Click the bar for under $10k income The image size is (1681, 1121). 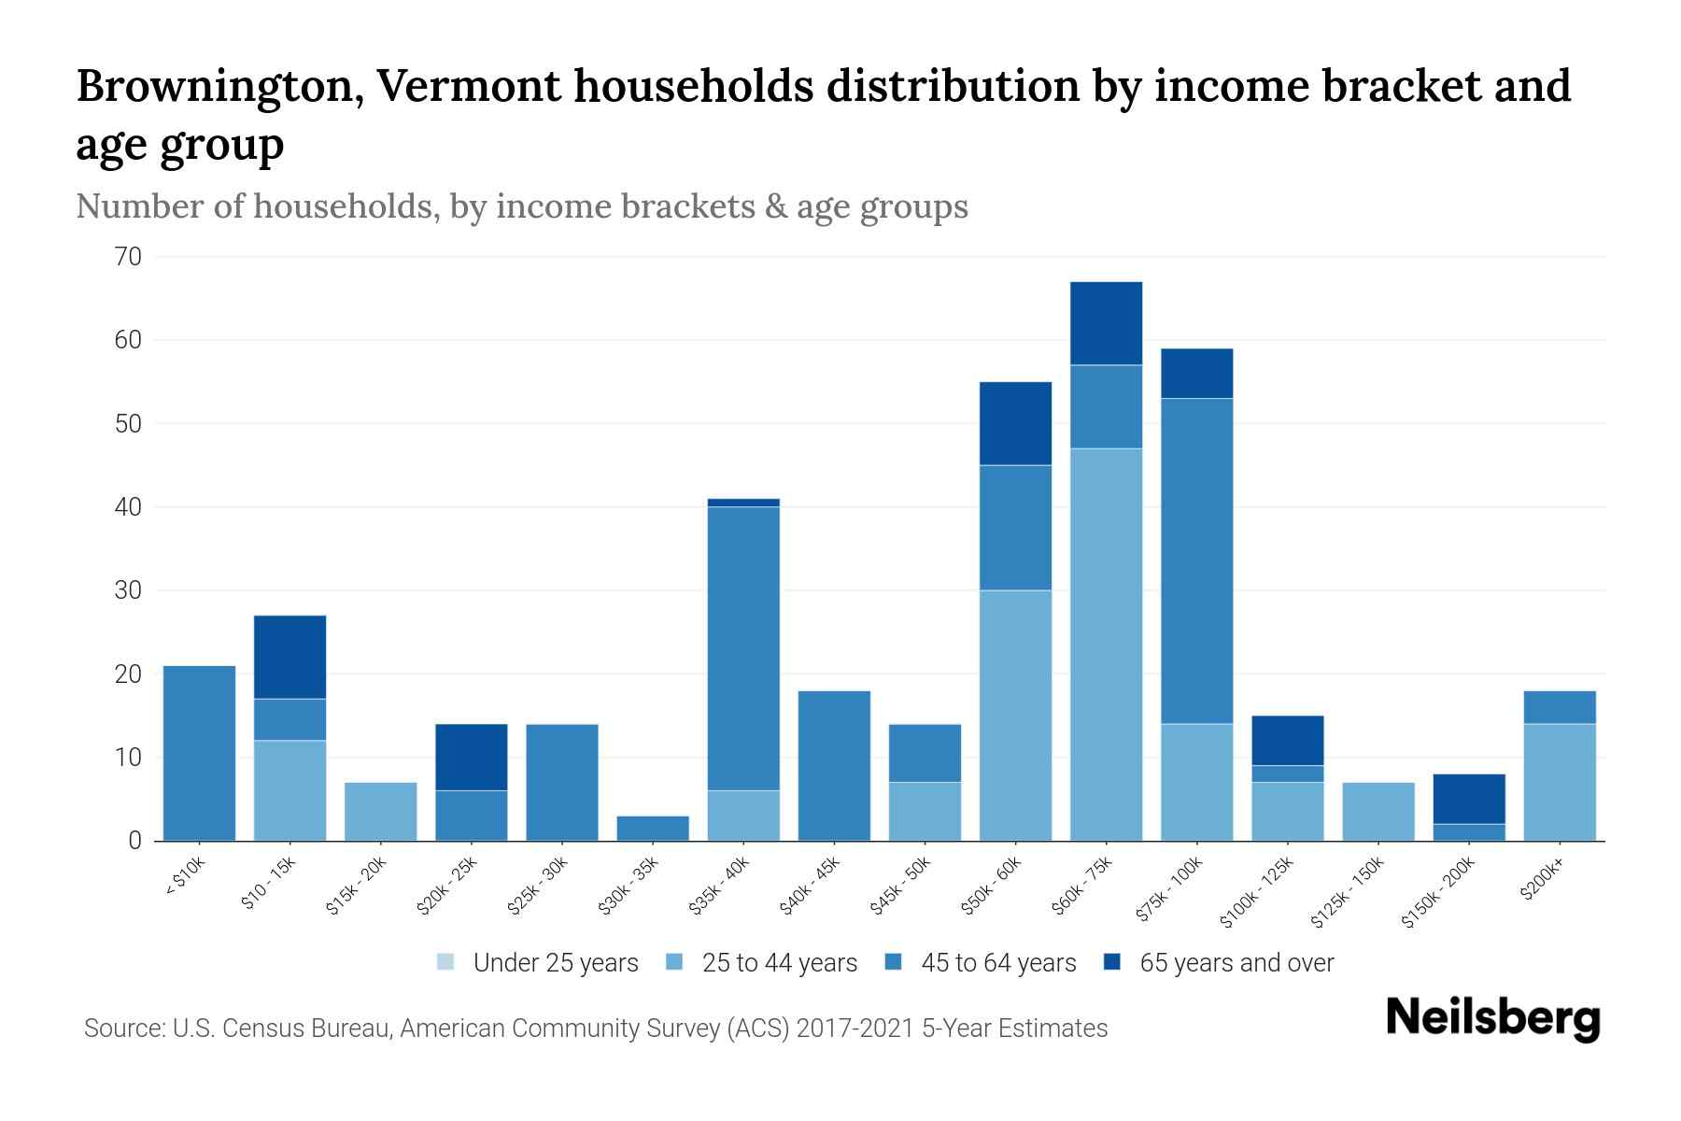click(199, 753)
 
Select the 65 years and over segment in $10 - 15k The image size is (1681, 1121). click(290, 657)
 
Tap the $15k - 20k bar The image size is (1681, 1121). click(381, 811)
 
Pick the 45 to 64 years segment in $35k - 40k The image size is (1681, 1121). click(743, 648)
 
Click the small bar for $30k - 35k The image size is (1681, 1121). click(653, 829)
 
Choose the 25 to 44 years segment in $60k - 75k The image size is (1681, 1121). click(1106, 645)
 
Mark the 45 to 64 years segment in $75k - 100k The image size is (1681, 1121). click(1196, 560)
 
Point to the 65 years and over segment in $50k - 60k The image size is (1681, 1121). click(1015, 423)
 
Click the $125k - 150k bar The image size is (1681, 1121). click(1377, 811)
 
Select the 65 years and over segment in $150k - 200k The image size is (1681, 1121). click(1468, 799)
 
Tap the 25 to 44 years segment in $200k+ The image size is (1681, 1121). click(1559, 782)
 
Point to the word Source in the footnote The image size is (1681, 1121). click(121, 1029)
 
